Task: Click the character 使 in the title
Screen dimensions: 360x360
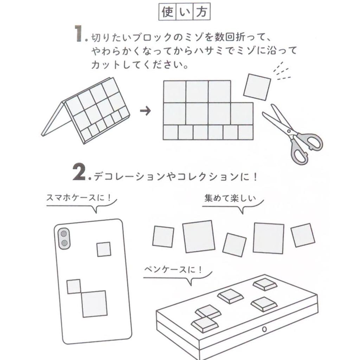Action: tap(167, 12)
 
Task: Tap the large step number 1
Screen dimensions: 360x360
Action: tap(79, 34)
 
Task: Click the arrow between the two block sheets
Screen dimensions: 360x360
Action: tap(145, 111)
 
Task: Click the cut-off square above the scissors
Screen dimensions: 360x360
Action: tap(257, 86)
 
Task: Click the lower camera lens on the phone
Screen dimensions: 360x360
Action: tap(64, 243)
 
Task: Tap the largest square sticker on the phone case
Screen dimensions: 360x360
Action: tap(94, 303)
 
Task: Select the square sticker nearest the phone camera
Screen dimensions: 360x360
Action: tap(104, 249)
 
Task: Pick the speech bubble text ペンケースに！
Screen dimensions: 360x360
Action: tap(174, 270)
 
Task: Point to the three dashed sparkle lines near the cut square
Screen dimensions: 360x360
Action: tap(282, 71)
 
